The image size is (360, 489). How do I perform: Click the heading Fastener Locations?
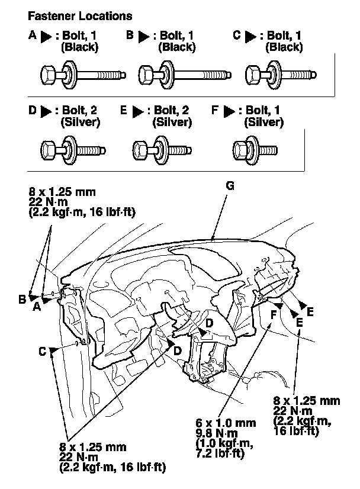pyautogui.click(x=80, y=16)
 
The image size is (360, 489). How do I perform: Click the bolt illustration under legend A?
pyautogui.click(x=83, y=75)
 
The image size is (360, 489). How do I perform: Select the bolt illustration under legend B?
pyautogui.click(x=185, y=75)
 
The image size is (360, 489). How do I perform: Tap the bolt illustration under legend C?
pyautogui.click(x=281, y=75)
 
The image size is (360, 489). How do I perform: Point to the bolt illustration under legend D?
pyautogui.click(x=73, y=150)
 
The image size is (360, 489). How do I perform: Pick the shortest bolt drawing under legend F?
pyautogui.click(x=255, y=150)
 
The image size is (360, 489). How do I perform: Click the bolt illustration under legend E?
pyautogui.click(x=162, y=150)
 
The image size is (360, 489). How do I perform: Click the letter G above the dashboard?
pyautogui.click(x=230, y=186)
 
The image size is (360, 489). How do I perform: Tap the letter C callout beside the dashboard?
pyautogui.click(x=43, y=352)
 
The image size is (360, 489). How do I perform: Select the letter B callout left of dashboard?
pyautogui.click(x=22, y=300)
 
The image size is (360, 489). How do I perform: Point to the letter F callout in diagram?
pyautogui.click(x=274, y=314)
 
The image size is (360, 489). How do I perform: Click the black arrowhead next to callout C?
pyautogui.click(x=53, y=350)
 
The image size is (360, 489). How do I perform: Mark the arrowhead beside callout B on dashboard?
pyautogui.click(x=33, y=297)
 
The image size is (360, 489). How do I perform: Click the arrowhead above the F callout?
pyautogui.click(x=278, y=305)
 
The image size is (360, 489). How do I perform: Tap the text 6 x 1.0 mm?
pyautogui.click(x=226, y=423)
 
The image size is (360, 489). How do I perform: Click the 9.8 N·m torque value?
pyautogui.click(x=217, y=433)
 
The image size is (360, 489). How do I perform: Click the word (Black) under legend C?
pyautogui.click(x=284, y=47)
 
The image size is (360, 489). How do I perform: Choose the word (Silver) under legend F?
pyautogui.click(x=264, y=122)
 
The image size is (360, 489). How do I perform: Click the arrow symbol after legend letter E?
pyautogui.click(x=137, y=111)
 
